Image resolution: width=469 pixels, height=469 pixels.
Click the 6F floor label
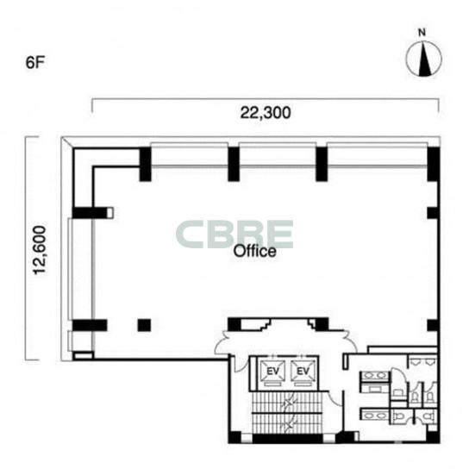[x=35, y=63]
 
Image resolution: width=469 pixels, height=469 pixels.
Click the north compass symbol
[x=423, y=59]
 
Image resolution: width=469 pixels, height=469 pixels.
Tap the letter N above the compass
[x=422, y=32]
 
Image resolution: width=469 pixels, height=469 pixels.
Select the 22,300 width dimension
[x=266, y=113]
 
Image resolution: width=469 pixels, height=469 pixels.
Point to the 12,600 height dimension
[x=40, y=250]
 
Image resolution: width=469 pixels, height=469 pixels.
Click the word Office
[x=254, y=251]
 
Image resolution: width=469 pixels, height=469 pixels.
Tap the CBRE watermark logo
[x=234, y=234]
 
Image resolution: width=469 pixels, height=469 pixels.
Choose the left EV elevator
[x=272, y=372]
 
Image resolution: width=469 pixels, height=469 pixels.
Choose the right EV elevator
[x=303, y=372]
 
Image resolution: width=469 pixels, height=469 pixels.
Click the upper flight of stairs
[x=286, y=402]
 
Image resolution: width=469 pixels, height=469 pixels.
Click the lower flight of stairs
[x=286, y=423]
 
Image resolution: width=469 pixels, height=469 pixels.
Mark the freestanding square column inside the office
[x=144, y=325]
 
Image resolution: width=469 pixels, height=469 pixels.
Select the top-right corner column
[x=434, y=164]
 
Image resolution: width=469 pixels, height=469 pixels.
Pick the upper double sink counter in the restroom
[x=375, y=376]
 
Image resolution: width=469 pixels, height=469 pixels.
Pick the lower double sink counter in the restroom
[x=375, y=416]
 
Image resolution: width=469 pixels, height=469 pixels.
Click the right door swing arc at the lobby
[x=351, y=341]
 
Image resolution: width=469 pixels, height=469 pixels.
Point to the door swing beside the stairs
[x=335, y=398]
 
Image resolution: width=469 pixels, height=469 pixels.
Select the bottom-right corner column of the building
[x=433, y=437]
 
